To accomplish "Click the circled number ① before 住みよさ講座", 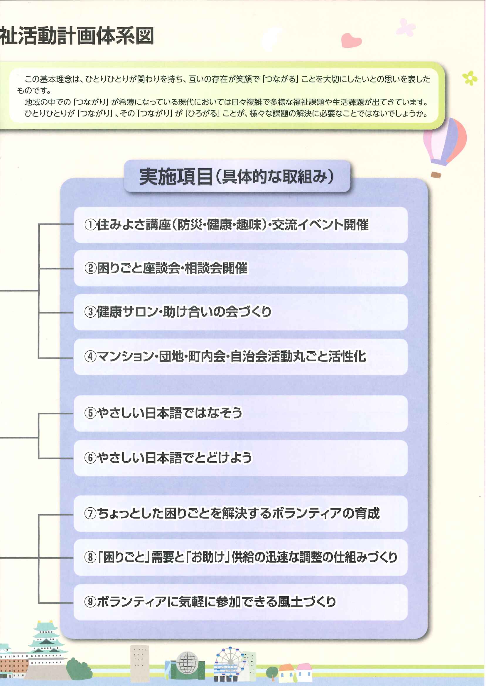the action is [90, 225].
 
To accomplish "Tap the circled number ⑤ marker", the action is [90, 413].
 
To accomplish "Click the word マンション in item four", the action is [125, 356].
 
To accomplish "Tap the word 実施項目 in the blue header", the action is [176, 177].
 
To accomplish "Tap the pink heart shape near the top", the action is [351, 40].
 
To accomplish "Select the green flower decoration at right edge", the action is [470, 78].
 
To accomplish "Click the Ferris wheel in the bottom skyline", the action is [230, 661].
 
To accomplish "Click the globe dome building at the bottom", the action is [187, 663].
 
